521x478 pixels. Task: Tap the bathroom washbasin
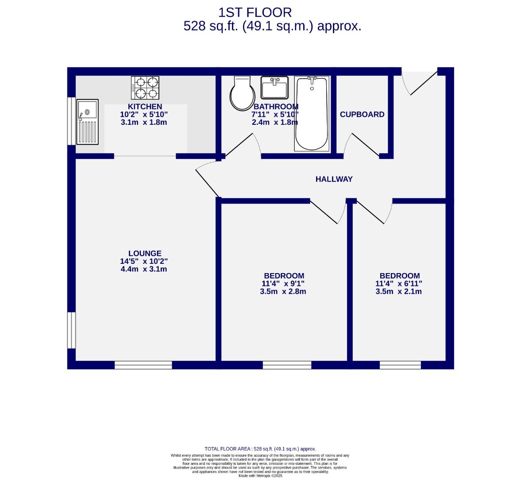pyautogui.click(x=274, y=87)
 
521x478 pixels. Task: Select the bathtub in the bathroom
pyautogui.click(x=312, y=113)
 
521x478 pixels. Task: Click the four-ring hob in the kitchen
pyautogui.click(x=145, y=88)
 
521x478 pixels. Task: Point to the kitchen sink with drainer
pyautogui.click(x=87, y=122)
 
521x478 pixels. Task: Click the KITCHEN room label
pyautogui.click(x=145, y=107)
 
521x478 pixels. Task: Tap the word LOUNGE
pyautogui.click(x=145, y=254)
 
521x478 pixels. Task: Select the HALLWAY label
pyautogui.click(x=334, y=179)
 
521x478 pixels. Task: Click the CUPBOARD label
pyautogui.click(x=362, y=115)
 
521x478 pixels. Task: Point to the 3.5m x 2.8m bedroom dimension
pyautogui.click(x=283, y=292)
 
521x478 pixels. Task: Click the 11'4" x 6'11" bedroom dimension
pyautogui.click(x=398, y=284)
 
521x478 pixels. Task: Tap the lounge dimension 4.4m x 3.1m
pyautogui.click(x=144, y=269)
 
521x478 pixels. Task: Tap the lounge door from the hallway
pyautogui.click(x=206, y=179)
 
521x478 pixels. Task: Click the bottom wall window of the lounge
pyautogui.click(x=143, y=365)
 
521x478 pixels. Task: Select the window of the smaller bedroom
pyautogui.click(x=400, y=365)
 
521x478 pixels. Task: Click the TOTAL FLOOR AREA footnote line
pyautogui.click(x=260, y=449)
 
